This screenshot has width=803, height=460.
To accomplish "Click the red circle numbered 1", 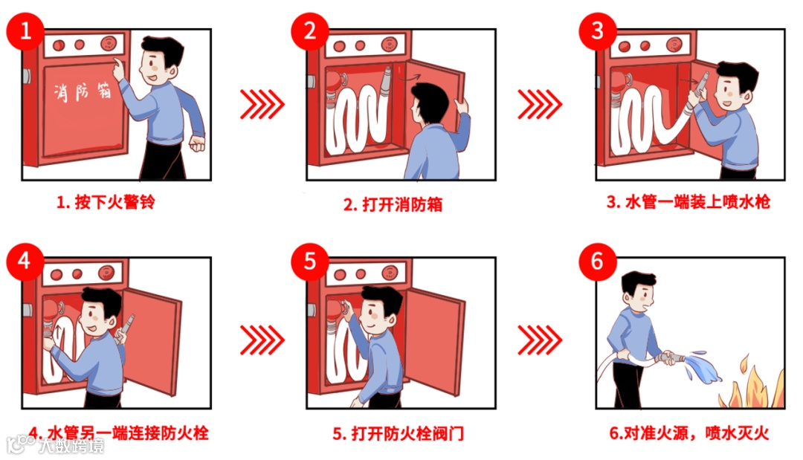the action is pos(25,31).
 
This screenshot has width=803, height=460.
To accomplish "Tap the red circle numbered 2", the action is pos(310,31).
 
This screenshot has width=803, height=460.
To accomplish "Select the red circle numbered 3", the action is pos(598,31).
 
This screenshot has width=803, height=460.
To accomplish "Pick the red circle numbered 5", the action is pos(310,262).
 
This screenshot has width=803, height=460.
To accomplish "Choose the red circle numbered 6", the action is pos(598,262).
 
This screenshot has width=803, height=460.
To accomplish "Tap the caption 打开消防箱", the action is pos(402,204).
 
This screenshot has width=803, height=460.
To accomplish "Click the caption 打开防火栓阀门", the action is pos(407,433).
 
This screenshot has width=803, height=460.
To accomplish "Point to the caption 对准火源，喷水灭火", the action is pos(697,433).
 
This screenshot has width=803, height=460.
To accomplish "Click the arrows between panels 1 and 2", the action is pos(262,104).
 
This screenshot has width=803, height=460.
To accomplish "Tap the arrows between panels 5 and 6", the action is pos(540,340).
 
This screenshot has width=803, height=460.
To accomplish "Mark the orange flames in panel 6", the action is pos(752,383).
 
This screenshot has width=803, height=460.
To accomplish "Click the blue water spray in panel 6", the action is pos(703,366).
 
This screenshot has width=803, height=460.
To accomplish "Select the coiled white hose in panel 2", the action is pos(357,117).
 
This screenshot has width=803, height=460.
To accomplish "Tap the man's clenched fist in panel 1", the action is pos(197,143).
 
